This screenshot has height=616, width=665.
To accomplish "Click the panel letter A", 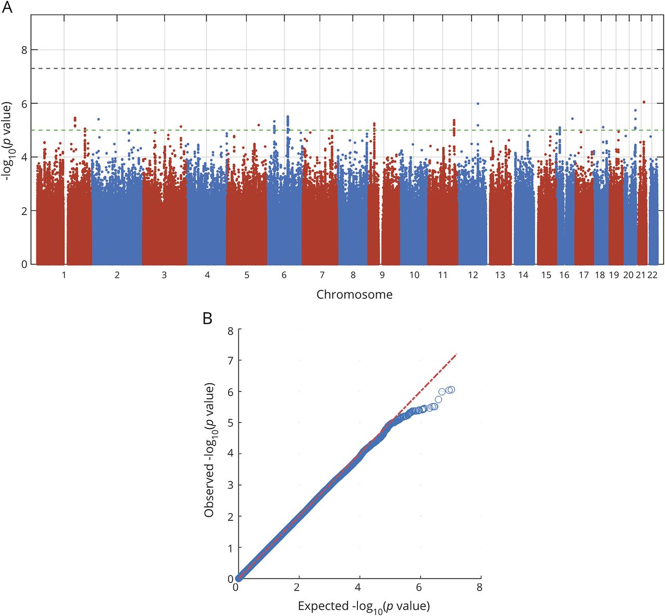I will [x=8, y=8].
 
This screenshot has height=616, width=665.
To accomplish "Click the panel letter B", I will [x=207, y=318].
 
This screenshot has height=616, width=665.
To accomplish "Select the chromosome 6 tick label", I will [x=284, y=275].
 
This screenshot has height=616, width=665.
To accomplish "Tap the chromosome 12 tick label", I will [x=473, y=275].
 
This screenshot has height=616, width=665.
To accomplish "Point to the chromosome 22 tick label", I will [x=653, y=275].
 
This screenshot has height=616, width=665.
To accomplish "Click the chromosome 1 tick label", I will [x=64, y=275].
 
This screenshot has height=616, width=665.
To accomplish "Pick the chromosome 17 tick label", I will [x=584, y=275].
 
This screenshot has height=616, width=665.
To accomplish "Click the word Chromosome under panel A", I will [x=354, y=295].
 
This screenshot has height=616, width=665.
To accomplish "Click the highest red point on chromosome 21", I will [x=644, y=102].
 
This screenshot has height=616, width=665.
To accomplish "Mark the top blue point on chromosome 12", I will [x=477, y=104].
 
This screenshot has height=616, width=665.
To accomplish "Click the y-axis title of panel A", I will [x=9, y=140].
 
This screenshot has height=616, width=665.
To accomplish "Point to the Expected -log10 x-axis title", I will [x=364, y=606].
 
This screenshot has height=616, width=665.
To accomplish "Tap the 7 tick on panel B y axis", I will [x=230, y=360].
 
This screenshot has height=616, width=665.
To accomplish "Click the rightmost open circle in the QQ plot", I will [x=451, y=390].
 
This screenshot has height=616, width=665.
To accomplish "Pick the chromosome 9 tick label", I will [x=382, y=275].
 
